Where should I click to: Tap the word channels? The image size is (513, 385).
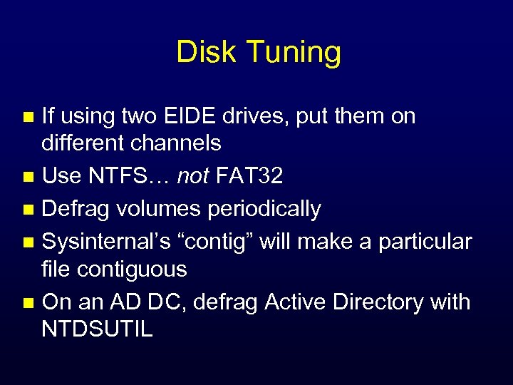point(176,143)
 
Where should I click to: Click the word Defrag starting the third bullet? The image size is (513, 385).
point(74,210)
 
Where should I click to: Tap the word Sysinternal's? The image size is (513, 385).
point(108,242)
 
